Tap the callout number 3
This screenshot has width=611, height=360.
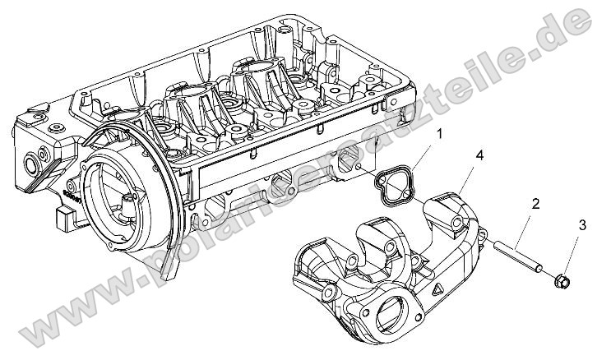(583, 224)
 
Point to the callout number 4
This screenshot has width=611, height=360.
(478, 155)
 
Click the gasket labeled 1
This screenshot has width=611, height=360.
(394, 182)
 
